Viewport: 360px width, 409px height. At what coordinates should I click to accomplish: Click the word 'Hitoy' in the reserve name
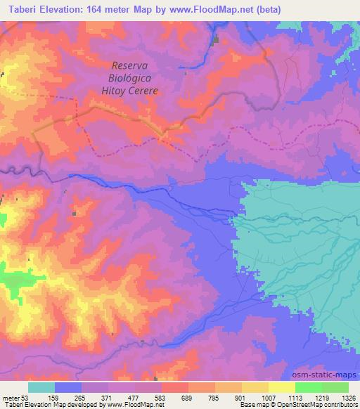click(x=112, y=91)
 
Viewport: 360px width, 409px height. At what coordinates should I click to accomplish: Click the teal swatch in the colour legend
click(x=41, y=388)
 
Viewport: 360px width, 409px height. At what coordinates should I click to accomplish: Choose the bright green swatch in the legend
click(x=308, y=388)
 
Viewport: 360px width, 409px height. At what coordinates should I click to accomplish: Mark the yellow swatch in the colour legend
click(x=281, y=388)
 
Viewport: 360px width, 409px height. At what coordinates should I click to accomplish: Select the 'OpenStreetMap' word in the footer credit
click(x=304, y=405)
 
